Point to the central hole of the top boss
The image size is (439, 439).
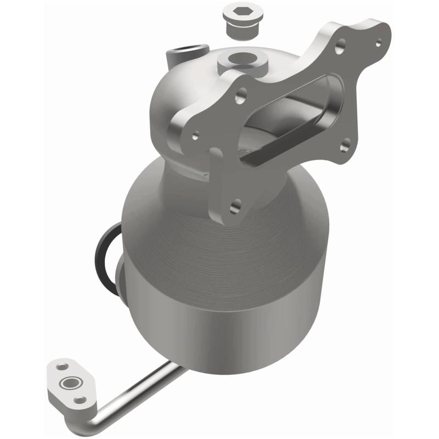[243, 58]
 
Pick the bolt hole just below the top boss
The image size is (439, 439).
[240, 99]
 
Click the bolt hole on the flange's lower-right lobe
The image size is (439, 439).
[345, 144]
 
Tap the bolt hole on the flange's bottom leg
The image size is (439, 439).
[235, 206]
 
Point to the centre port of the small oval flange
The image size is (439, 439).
[70, 382]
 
